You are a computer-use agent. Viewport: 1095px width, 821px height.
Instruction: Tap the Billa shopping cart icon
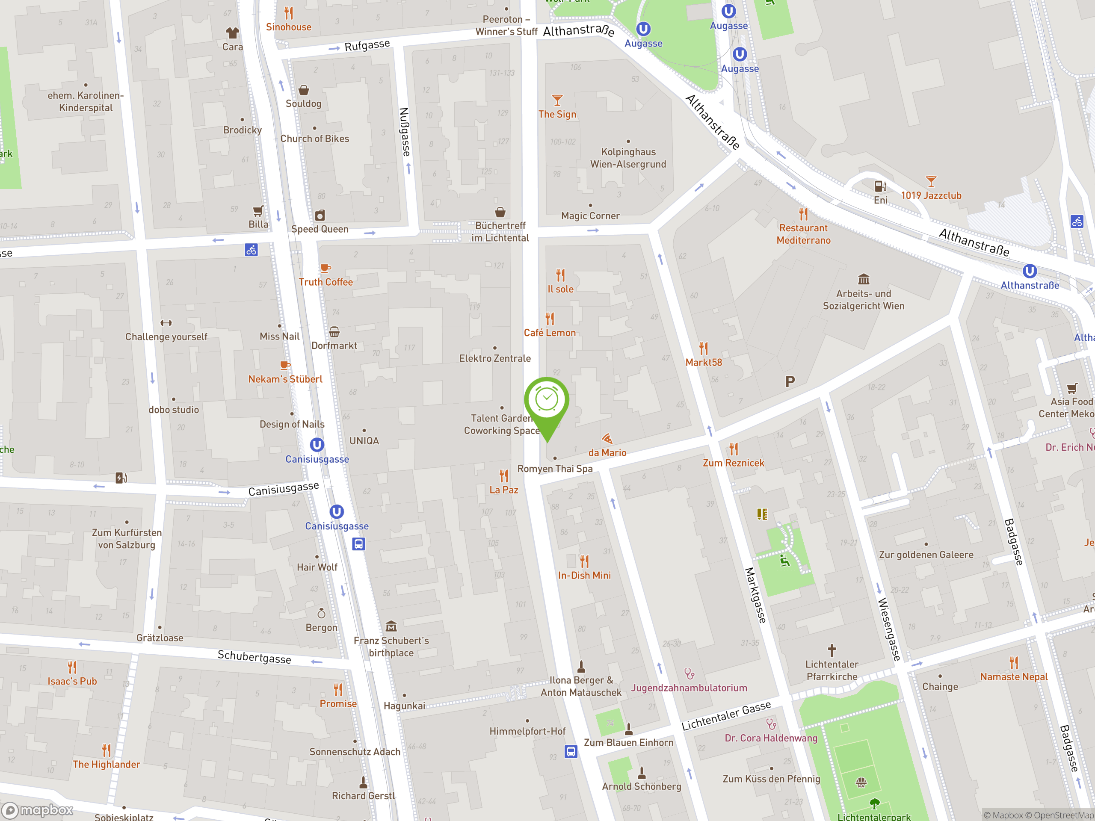[258, 211]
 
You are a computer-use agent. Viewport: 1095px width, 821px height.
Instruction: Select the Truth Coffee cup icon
[325, 268]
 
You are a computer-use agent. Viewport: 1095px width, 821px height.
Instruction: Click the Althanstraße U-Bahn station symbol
[1029, 271]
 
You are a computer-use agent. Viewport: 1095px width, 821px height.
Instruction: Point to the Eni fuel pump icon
[880, 186]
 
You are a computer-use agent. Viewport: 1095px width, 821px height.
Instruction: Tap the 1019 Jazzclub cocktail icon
[931, 182]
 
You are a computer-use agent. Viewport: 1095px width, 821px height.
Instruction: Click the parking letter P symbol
[790, 381]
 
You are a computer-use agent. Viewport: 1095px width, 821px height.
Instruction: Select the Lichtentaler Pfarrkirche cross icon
[832, 650]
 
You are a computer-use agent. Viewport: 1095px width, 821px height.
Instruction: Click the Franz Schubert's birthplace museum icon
[391, 626]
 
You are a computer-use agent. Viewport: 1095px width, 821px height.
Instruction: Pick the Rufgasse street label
[367, 45]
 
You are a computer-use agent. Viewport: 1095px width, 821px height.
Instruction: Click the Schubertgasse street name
[255, 657]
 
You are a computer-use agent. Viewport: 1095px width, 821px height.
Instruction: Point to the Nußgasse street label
[405, 132]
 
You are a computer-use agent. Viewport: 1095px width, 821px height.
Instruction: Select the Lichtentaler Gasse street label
[726, 715]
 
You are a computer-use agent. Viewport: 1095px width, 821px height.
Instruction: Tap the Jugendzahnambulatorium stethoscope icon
[689, 673]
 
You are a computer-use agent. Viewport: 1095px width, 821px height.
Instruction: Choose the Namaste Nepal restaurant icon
[1014, 663]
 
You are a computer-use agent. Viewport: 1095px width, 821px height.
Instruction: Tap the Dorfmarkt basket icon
[334, 331]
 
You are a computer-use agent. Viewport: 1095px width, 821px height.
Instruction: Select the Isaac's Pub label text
[72, 681]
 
